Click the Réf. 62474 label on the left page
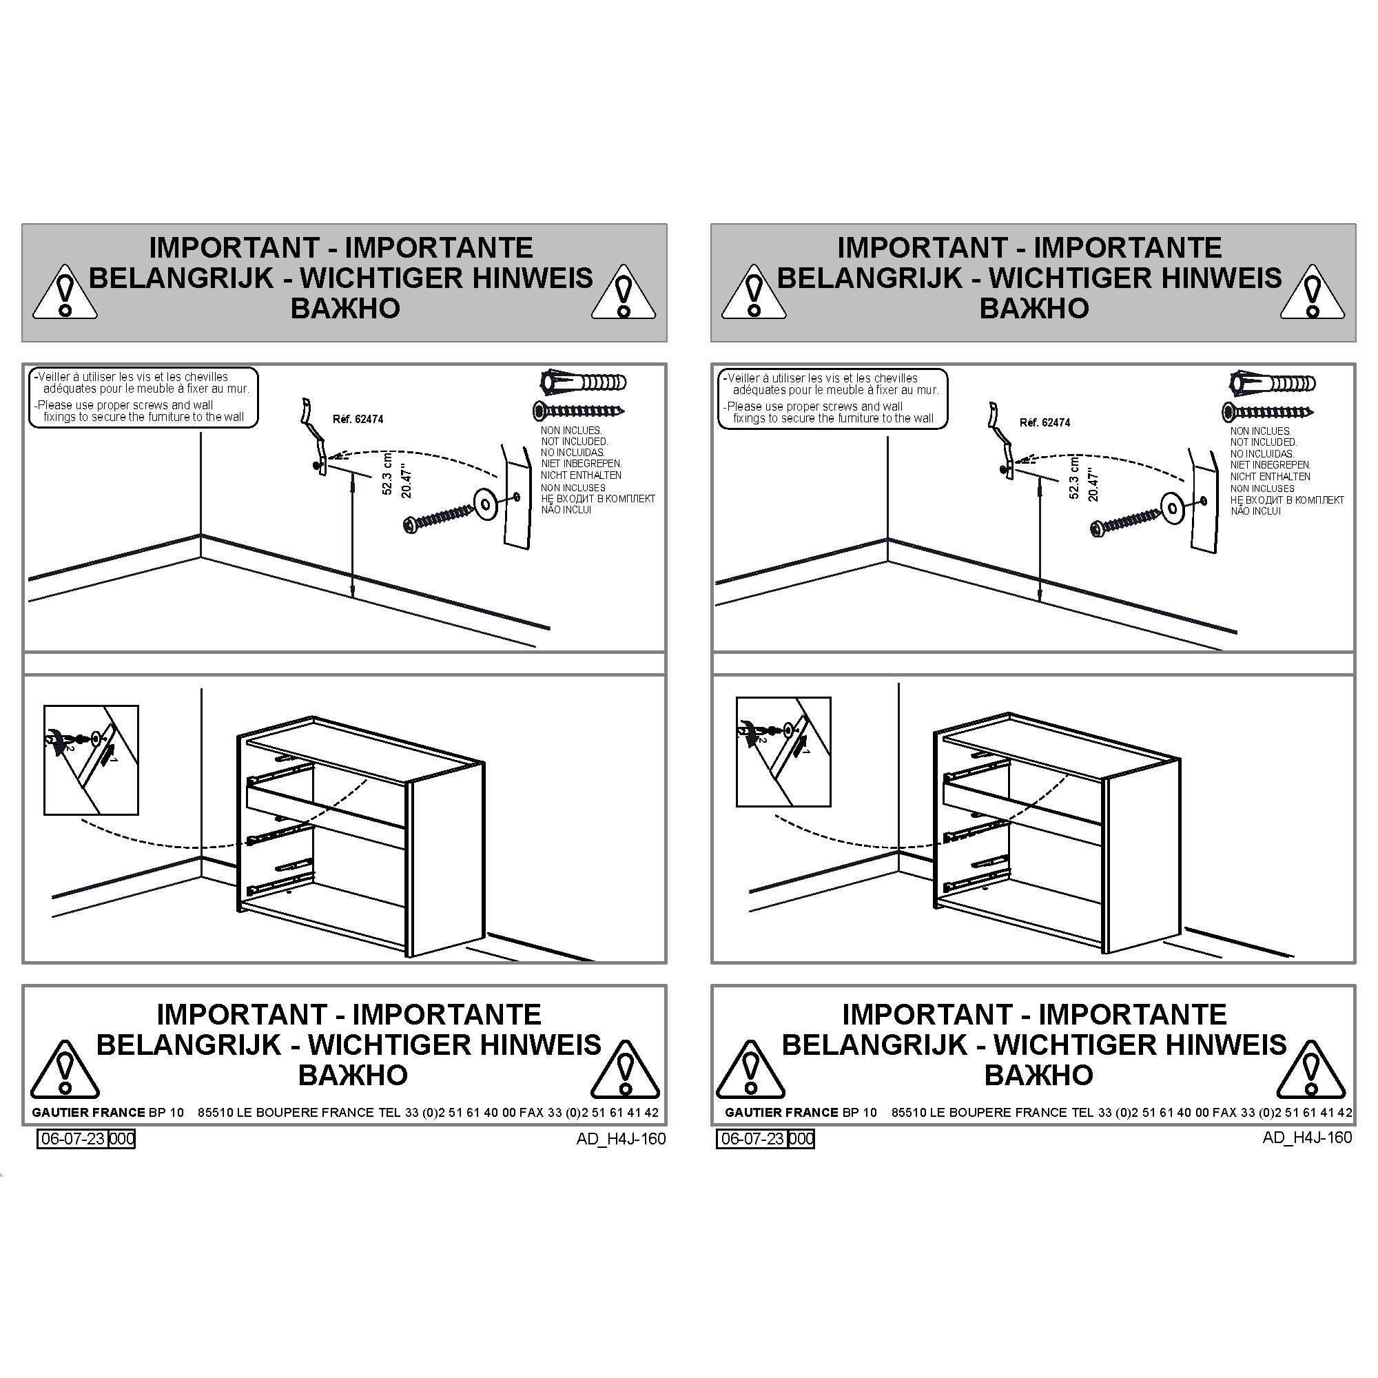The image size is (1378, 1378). click(x=358, y=420)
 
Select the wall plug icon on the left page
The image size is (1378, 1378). click(x=583, y=382)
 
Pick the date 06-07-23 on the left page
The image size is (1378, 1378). click(x=74, y=1138)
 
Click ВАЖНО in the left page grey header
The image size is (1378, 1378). click(x=345, y=309)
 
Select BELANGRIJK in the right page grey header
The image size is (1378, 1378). click(x=870, y=278)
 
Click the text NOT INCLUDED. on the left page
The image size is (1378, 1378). click(x=574, y=442)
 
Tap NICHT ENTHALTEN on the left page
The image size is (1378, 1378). click(x=582, y=475)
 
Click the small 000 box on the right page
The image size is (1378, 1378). click(x=802, y=1139)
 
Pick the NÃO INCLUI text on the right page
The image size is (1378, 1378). click(x=1255, y=511)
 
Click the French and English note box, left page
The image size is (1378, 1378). click(x=143, y=398)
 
